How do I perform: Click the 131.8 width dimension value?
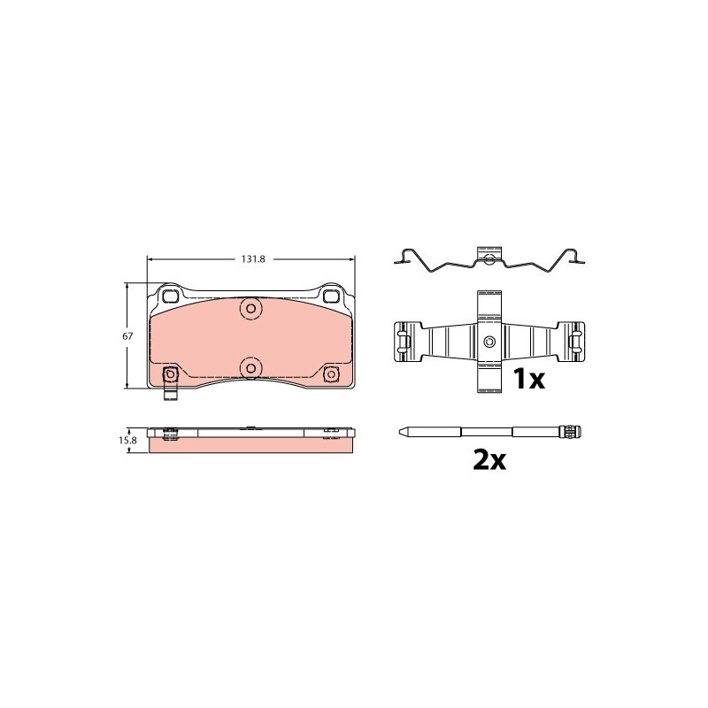[x=253, y=259]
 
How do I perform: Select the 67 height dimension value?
[x=127, y=336]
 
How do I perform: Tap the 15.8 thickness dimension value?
[x=127, y=440]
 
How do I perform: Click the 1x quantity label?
[x=529, y=379]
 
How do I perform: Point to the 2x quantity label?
[x=489, y=459]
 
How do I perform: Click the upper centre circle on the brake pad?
[x=251, y=309]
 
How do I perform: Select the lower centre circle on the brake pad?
[x=251, y=368]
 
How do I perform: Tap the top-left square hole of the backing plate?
[x=171, y=296]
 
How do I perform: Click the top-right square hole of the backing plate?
[x=331, y=296]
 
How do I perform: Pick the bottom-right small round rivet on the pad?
[x=331, y=373]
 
